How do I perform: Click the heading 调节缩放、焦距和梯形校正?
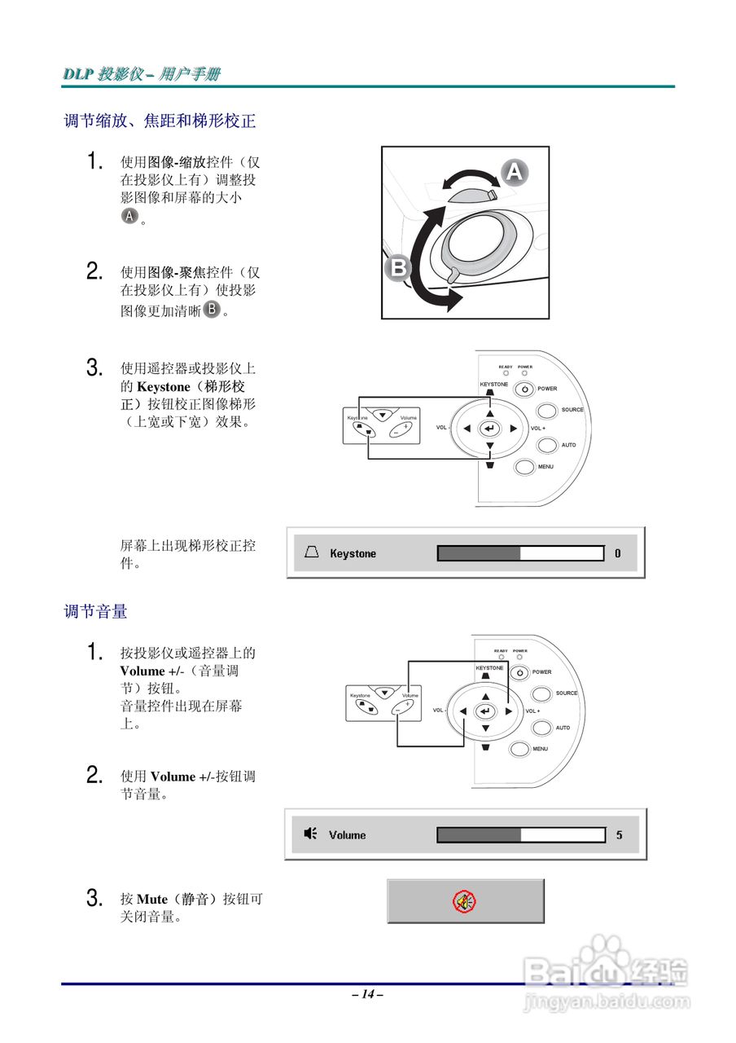pyautogui.click(x=160, y=121)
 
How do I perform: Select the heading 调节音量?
pyautogui.click(x=95, y=611)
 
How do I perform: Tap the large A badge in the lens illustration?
pyautogui.click(x=514, y=172)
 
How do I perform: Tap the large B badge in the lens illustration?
pyautogui.click(x=398, y=268)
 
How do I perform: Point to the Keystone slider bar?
pyautogui.click(x=520, y=553)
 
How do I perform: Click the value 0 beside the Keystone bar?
pyautogui.click(x=618, y=553)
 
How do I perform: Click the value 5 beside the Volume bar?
pyautogui.click(x=619, y=835)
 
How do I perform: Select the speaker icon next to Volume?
pyautogui.click(x=310, y=834)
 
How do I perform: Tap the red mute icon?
pyautogui.click(x=465, y=901)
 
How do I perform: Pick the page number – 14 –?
pyautogui.click(x=367, y=994)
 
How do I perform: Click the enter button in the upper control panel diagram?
pyautogui.click(x=489, y=428)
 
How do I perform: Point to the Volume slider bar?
pyautogui.click(x=521, y=835)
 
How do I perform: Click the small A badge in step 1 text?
pyautogui.click(x=129, y=216)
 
